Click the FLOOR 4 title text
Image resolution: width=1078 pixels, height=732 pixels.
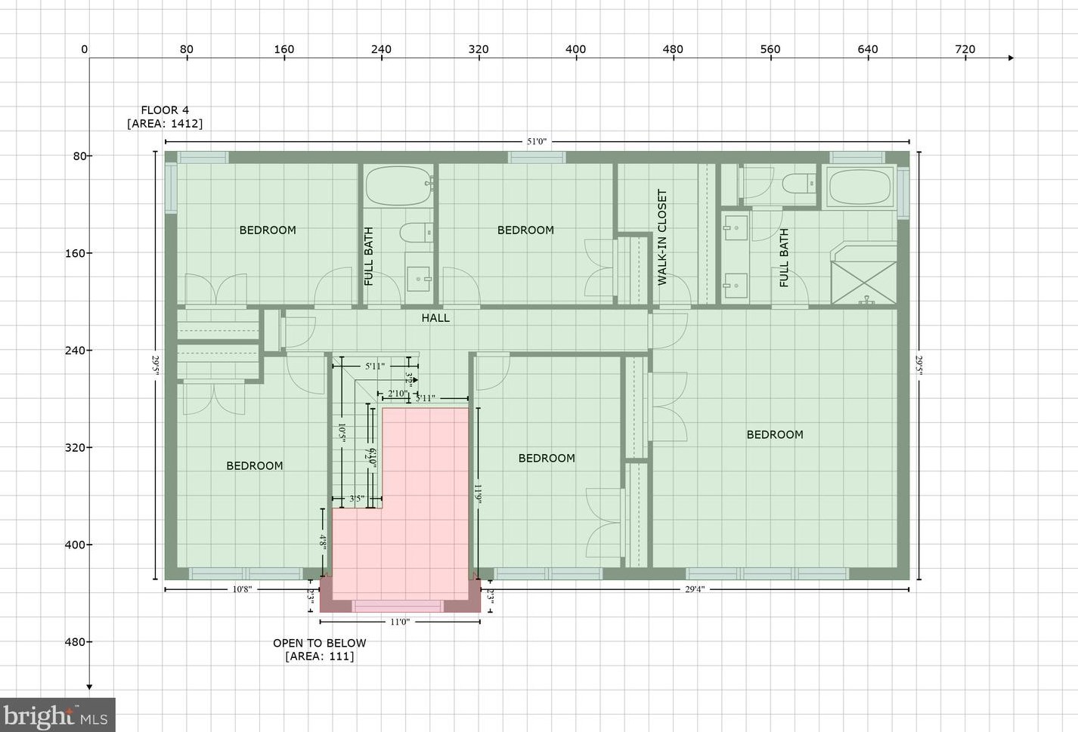point(165,110)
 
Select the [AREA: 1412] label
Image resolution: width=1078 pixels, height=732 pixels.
point(165,124)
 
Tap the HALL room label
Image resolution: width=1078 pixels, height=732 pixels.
point(435,318)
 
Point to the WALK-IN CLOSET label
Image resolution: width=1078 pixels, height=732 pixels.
point(663,236)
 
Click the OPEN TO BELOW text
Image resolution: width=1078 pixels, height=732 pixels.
point(319,643)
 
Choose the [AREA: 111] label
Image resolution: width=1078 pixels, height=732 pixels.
point(319,656)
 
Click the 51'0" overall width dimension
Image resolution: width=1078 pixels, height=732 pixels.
point(537,141)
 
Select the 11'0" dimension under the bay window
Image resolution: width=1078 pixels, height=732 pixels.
point(400,622)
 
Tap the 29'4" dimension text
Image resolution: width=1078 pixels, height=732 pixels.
point(695,589)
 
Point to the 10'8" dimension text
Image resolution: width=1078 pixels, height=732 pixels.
point(242,589)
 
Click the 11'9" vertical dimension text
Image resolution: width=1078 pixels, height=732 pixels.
point(478,494)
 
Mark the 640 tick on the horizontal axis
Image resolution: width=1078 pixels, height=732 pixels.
point(867,49)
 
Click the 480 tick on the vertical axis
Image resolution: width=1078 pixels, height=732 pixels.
point(75,642)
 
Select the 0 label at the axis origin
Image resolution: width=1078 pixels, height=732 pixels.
point(84,49)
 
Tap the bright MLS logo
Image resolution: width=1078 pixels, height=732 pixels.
point(57,715)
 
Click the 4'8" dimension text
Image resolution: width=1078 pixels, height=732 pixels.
point(323,541)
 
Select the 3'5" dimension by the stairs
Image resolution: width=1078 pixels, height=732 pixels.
point(357,499)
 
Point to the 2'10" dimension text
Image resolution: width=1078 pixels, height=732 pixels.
point(397,394)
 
